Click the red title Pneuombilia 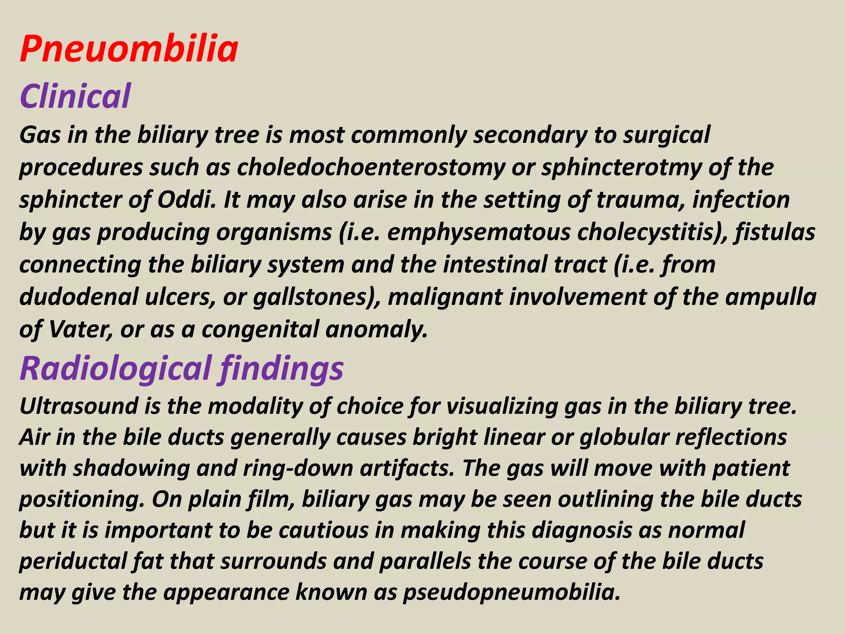pyautogui.click(x=129, y=50)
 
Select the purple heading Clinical pyautogui.click(x=75, y=96)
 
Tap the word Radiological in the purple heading pyautogui.click(x=116, y=368)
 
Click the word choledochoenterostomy pyautogui.click(x=371, y=168)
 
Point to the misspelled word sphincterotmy pyautogui.click(x=621, y=168)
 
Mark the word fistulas pyautogui.click(x=775, y=232)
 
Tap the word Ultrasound pyautogui.click(x=79, y=406)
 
